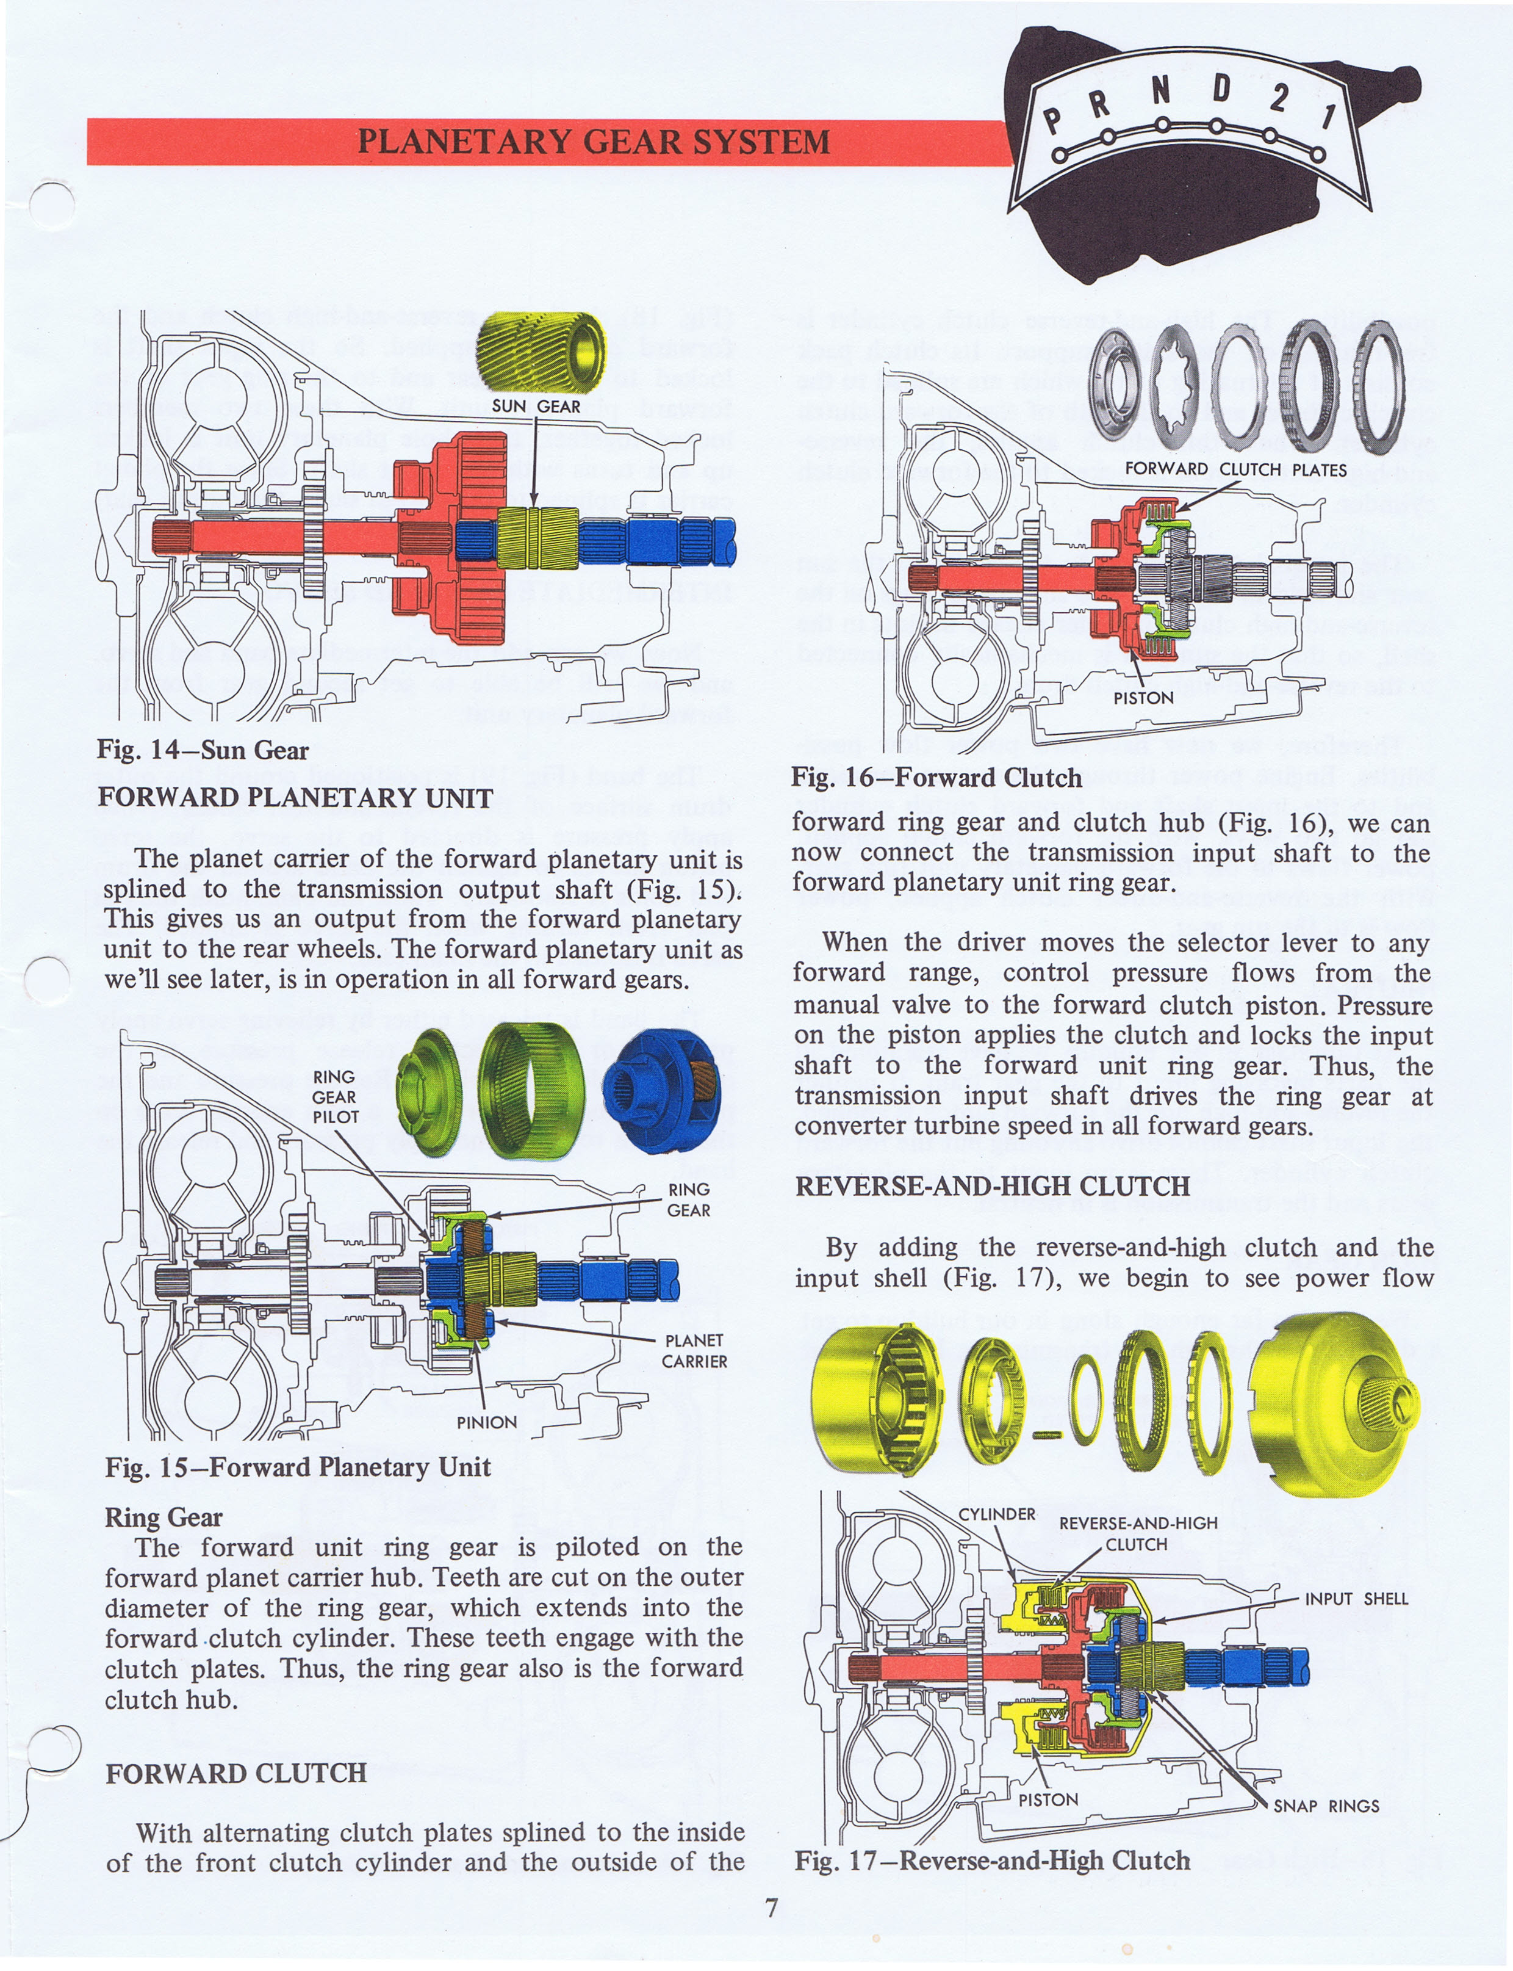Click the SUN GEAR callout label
[x=536, y=407]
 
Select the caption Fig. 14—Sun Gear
[x=203, y=750]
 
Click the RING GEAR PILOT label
[x=335, y=1096]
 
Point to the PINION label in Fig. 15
[x=486, y=1422]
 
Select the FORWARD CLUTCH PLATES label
[x=1235, y=469]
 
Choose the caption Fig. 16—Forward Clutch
[x=936, y=778]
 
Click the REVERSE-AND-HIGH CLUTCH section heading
[x=993, y=1187]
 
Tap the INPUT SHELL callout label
[x=1356, y=1599]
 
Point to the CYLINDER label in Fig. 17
[x=997, y=1514]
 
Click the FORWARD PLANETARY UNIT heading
[x=295, y=798]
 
